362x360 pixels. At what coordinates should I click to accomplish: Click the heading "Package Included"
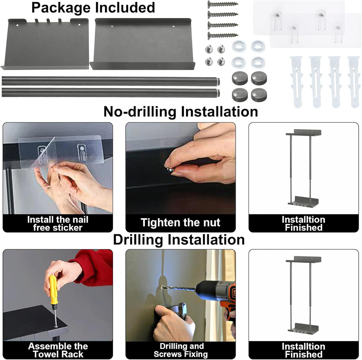point(93,8)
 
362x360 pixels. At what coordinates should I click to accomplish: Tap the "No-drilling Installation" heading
point(181,112)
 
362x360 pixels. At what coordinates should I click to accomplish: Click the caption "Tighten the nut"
point(180,223)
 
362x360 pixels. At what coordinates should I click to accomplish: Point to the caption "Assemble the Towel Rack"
point(58,350)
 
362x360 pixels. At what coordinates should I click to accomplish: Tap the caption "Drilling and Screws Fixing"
point(181,350)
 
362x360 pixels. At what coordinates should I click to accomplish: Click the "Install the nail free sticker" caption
point(58,223)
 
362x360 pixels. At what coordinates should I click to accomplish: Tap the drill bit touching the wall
point(178,289)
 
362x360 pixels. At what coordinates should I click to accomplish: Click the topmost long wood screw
point(223,4)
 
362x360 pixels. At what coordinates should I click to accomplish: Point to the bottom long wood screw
point(223,36)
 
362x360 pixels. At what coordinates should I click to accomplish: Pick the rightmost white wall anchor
point(354,82)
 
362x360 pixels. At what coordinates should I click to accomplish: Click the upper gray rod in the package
point(111,81)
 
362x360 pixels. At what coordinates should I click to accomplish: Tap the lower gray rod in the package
point(111,93)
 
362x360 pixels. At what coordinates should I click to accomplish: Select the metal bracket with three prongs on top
point(45,44)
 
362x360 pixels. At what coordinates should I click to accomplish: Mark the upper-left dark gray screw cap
point(240,78)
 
